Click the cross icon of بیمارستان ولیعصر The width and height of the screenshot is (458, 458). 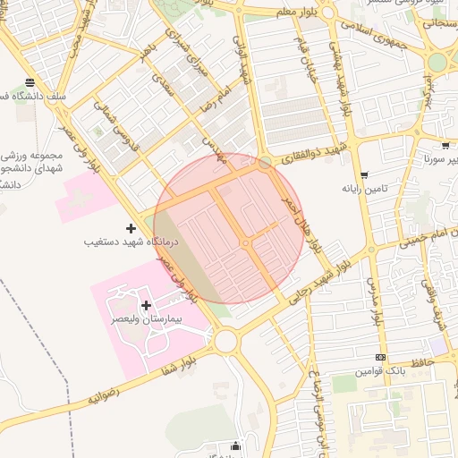tap(147, 305)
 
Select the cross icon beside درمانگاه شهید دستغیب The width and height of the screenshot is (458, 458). tap(132, 228)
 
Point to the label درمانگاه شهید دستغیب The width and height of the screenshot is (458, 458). tap(131, 242)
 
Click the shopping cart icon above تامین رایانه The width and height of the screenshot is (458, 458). tap(363, 175)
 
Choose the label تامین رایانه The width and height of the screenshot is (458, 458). tap(363, 189)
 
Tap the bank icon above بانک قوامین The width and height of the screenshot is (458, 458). tap(382, 357)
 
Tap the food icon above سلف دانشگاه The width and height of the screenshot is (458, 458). tap(31, 83)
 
